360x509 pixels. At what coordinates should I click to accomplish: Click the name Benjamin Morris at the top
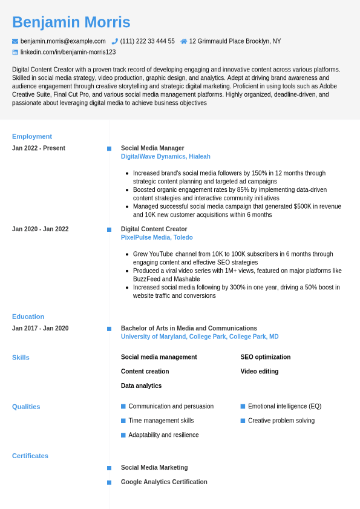point(71,22)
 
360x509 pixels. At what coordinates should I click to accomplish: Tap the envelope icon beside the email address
point(15,41)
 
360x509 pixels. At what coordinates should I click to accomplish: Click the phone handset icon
point(115,41)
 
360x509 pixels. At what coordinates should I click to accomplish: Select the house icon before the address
point(184,41)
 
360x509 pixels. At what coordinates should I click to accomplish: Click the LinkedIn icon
point(15,52)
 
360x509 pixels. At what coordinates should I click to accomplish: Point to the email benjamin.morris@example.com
point(63,41)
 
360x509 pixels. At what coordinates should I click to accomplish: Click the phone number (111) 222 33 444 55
point(147,41)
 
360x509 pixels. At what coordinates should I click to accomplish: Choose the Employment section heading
point(32,136)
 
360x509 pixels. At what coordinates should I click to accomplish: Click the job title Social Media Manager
point(152,148)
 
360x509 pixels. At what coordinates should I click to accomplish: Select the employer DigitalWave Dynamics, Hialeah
point(166,157)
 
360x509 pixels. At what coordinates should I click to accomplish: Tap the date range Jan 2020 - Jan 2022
point(41,229)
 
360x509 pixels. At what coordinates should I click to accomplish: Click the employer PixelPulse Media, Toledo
point(157,238)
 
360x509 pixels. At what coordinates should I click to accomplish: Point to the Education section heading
point(28,317)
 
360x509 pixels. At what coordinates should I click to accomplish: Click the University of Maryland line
point(200,337)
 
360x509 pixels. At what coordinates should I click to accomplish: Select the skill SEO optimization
point(266,357)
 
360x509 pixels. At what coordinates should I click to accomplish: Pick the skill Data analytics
point(142,386)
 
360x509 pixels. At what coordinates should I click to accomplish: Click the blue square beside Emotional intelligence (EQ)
point(243,407)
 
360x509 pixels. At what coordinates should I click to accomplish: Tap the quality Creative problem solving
point(281,421)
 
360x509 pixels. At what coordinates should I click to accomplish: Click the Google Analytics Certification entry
point(164,482)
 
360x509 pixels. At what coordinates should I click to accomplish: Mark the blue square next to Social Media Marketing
point(109,468)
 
